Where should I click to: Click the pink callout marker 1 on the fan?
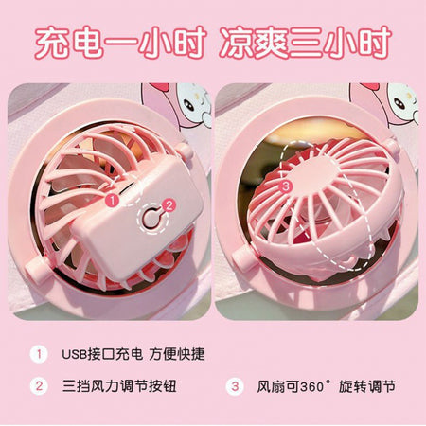(113, 200)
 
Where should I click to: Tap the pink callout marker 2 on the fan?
(169, 205)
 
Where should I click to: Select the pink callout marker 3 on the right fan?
(286, 186)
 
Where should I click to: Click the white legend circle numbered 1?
(39, 354)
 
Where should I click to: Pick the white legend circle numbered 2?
(39, 386)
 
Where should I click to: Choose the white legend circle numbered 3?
(235, 386)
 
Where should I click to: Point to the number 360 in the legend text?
(312, 386)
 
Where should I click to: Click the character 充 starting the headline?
(52, 43)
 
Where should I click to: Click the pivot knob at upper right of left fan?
(185, 151)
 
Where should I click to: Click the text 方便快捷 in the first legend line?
(177, 354)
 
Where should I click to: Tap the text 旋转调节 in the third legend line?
(367, 386)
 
